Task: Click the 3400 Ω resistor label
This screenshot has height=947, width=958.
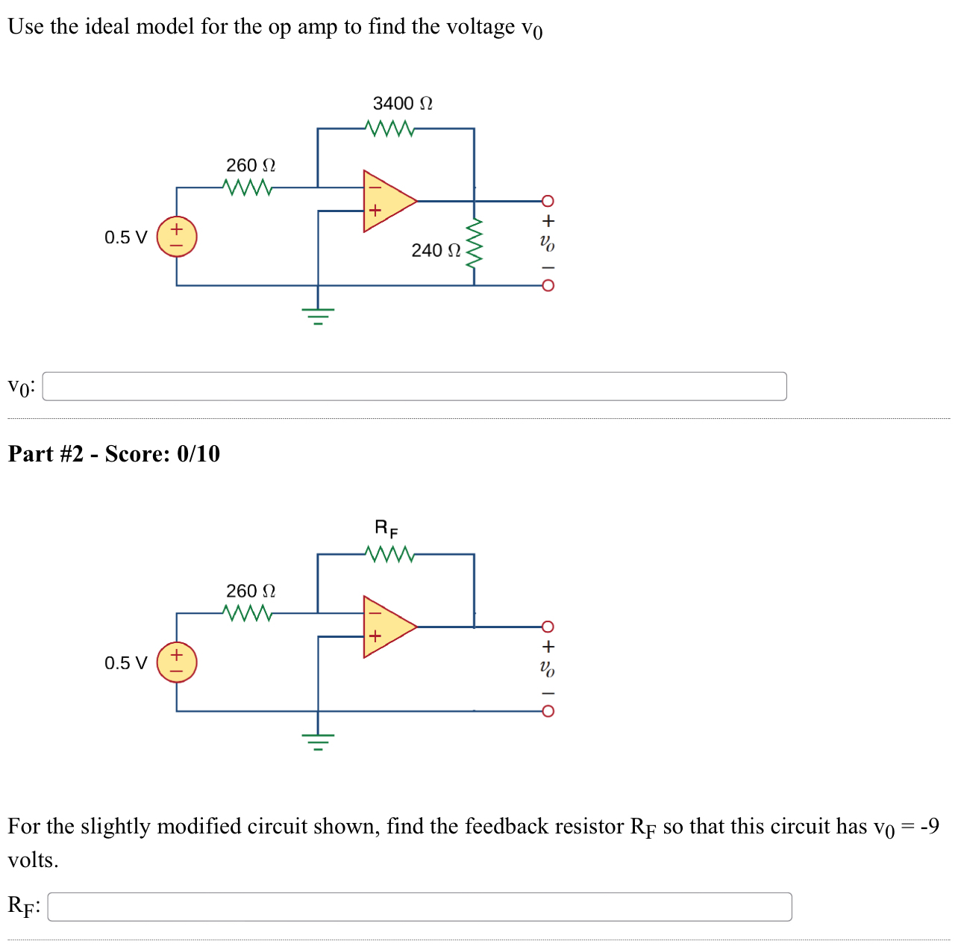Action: click(402, 103)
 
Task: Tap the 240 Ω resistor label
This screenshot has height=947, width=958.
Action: click(436, 250)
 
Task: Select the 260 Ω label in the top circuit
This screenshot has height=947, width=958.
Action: click(251, 165)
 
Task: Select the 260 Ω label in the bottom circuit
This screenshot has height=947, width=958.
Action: click(251, 591)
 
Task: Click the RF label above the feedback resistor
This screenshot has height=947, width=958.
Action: click(386, 529)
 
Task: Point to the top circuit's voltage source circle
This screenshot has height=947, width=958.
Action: click(177, 237)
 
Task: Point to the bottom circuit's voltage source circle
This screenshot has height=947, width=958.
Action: click(177, 662)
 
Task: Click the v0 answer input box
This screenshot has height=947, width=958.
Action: click(414, 386)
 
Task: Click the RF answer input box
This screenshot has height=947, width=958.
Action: click(419, 907)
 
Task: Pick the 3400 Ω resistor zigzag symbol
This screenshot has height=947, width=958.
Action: click(391, 128)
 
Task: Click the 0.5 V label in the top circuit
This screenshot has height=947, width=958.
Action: click(125, 237)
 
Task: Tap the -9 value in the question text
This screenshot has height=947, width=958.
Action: click(930, 826)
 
